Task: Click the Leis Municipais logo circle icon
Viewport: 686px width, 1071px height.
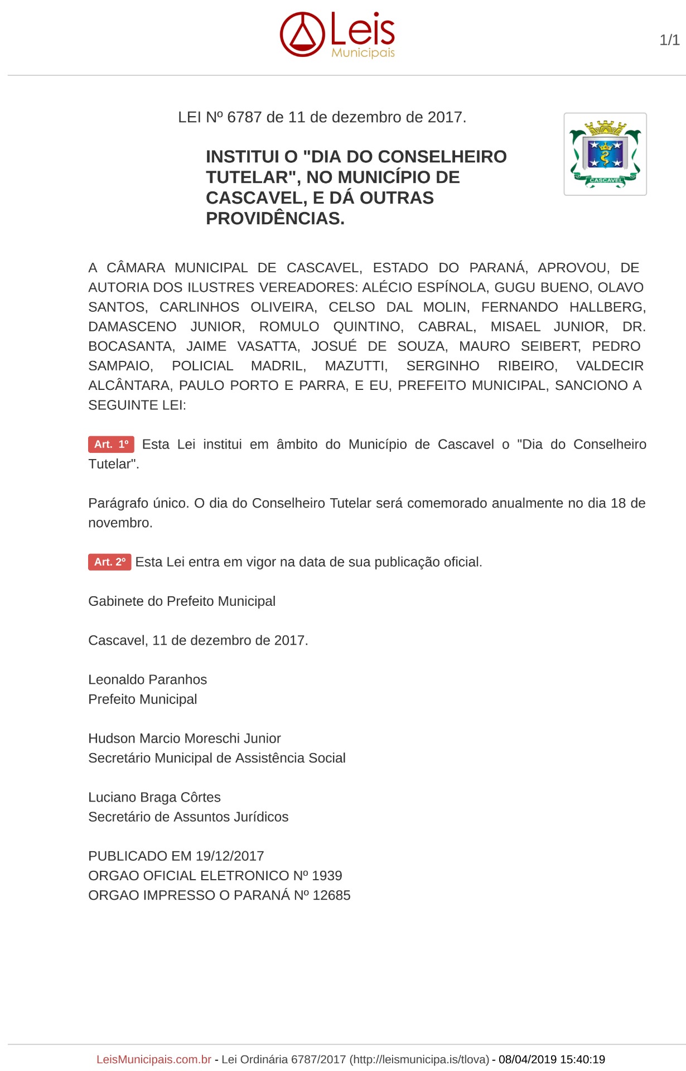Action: (302, 35)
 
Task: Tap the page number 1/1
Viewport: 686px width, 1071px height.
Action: (669, 40)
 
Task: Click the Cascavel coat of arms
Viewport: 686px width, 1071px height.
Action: (605, 154)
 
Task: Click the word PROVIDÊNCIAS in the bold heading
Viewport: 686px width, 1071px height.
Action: (275, 219)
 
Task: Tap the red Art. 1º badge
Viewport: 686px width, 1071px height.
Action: (111, 445)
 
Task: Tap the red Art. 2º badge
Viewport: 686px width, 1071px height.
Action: (109, 562)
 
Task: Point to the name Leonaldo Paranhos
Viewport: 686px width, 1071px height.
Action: (147, 679)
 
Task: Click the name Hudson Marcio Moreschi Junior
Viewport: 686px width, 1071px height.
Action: (184, 739)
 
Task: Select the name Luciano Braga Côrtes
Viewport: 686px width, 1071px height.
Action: (154, 797)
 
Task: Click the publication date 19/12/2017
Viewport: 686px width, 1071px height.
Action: (230, 856)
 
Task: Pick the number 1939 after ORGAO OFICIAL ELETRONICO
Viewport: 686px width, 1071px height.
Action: (327, 876)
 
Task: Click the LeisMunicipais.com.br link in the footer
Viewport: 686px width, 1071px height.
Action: (154, 1059)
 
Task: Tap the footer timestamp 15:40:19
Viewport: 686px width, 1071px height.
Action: (582, 1059)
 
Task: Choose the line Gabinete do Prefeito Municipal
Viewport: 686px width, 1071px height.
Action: (182, 601)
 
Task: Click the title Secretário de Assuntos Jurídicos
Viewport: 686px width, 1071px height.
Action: (188, 817)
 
